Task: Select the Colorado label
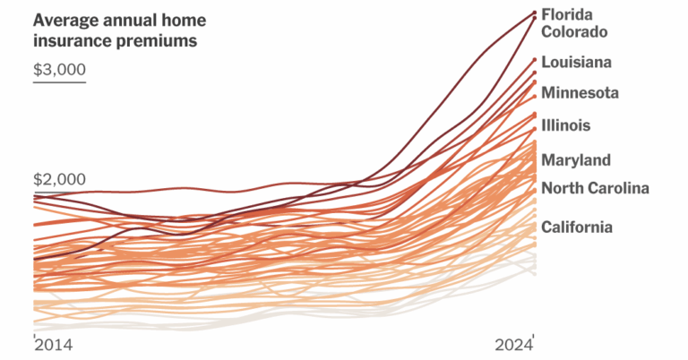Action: (x=575, y=31)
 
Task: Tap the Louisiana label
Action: (x=577, y=62)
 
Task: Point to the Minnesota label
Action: (x=580, y=92)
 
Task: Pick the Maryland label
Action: (x=576, y=160)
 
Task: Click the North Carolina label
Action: (x=595, y=188)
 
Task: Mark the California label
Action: (x=577, y=227)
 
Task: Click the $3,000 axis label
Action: (x=59, y=70)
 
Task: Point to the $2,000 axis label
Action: (x=59, y=179)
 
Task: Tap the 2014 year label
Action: (x=53, y=347)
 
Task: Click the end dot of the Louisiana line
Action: (x=534, y=60)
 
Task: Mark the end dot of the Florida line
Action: (x=534, y=13)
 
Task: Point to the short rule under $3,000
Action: (x=59, y=83)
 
